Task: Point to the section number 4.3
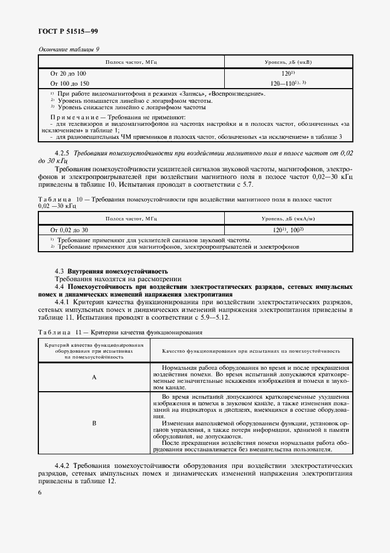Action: (59, 270)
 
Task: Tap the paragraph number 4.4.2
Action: (63, 465)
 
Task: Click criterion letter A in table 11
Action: (94, 377)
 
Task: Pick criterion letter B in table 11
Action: (94, 423)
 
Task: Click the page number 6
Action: (40, 492)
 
